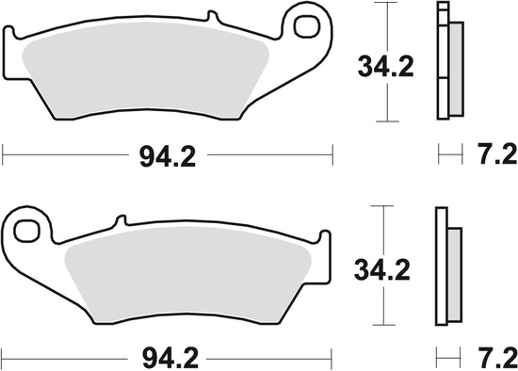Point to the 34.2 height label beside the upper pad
[x=383, y=67]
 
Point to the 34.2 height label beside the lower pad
[x=383, y=272]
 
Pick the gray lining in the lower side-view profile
[x=452, y=273]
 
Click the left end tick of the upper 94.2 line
[x=3, y=151]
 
